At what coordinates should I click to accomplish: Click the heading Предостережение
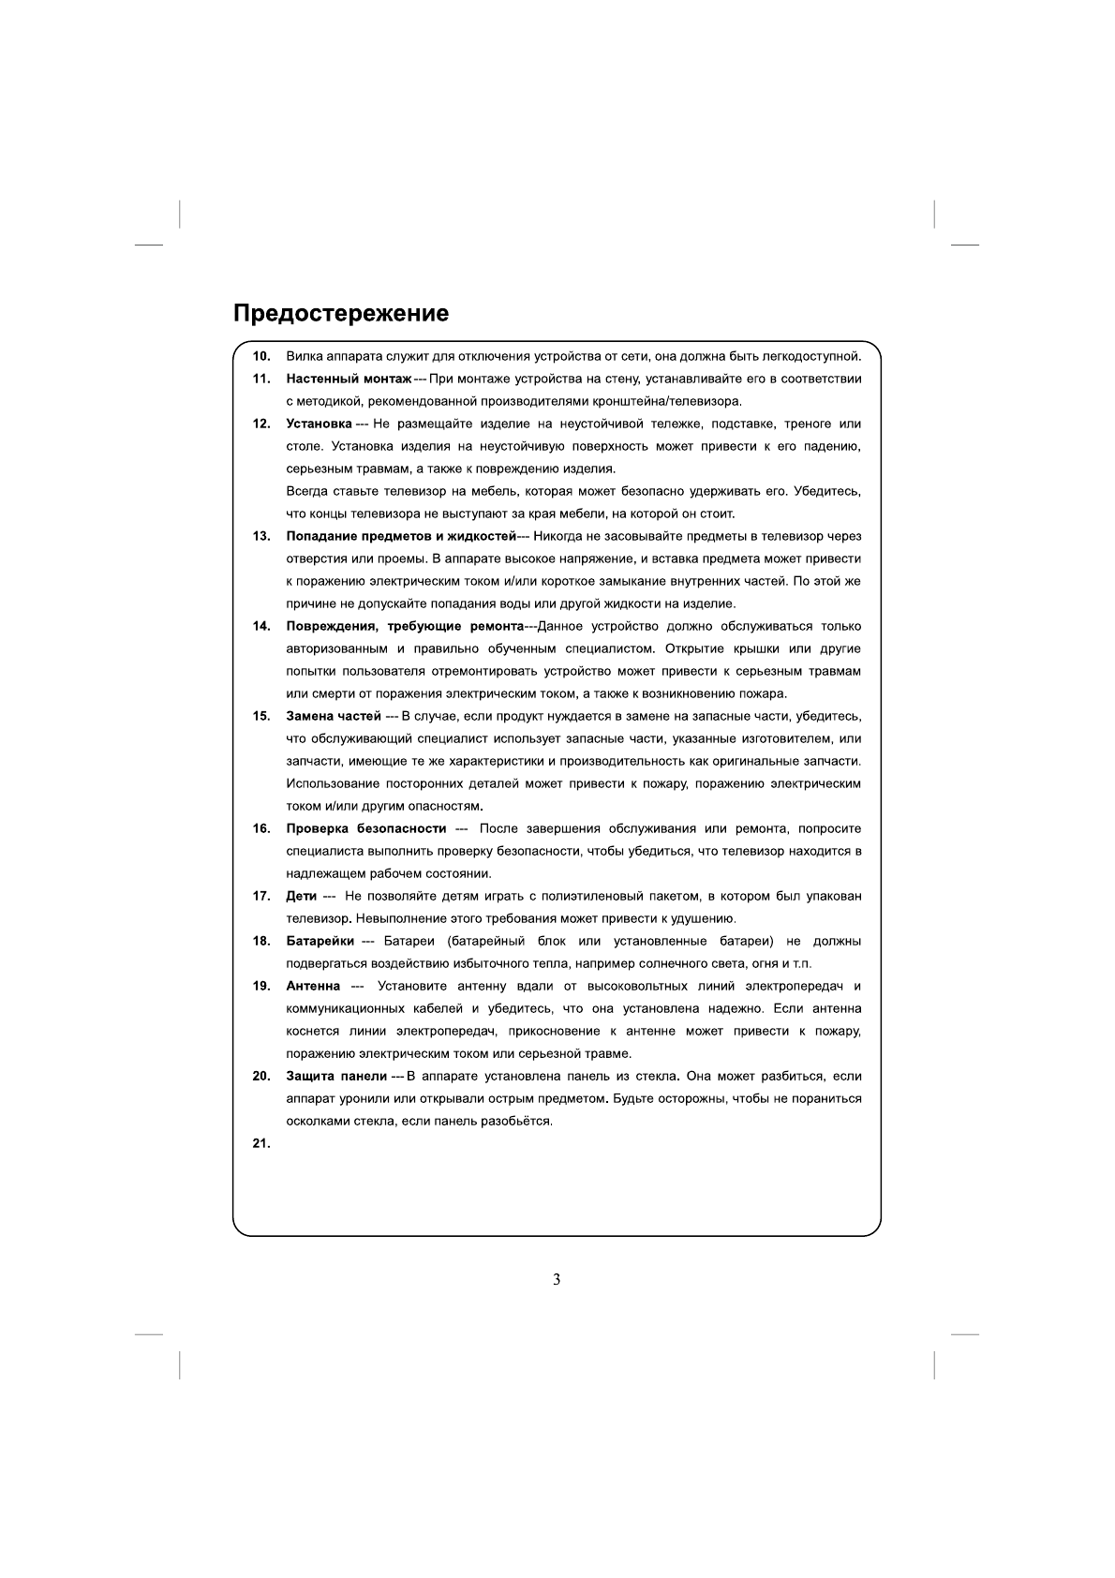pos(341,313)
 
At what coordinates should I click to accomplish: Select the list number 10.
pos(261,356)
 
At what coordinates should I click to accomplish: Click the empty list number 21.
pos(261,1143)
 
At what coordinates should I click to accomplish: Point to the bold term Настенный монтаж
pos(349,379)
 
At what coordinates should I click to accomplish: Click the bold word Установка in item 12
pos(319,424)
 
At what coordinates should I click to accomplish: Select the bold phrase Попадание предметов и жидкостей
pos(401,536)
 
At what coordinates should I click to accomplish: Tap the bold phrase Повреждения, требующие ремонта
pos(404,626)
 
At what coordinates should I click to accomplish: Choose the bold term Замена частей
pos(333,716)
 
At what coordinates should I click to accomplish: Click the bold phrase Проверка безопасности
pos(365,828)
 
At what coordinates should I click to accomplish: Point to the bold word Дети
pos(301,896)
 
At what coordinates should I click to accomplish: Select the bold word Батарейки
pos(320,941)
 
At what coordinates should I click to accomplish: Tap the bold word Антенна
pos(313,986)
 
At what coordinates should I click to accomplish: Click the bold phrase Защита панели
pos(336,1076)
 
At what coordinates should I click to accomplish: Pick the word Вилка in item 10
pos(303,356)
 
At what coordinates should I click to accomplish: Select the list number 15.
pos(261,716)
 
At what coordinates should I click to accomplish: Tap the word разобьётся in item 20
pos(521,1121)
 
